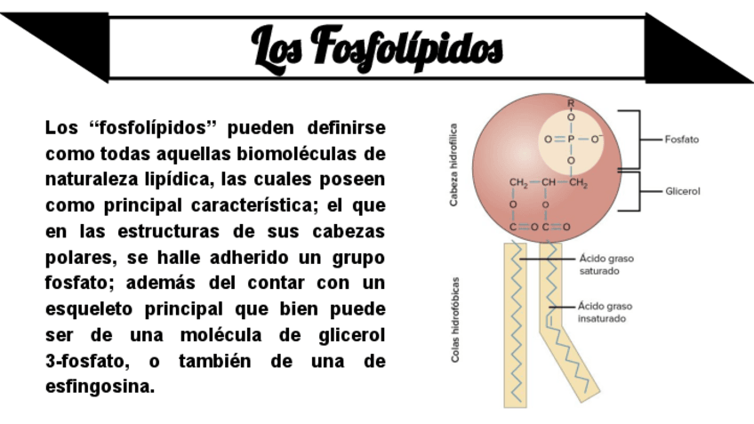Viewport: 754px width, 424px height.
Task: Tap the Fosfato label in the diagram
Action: [x=682, y=140]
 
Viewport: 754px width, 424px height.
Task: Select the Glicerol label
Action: [x=683, y=191]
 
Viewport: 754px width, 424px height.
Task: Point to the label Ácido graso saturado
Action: [x=606, y=264]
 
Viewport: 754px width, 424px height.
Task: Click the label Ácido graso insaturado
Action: [x=606, y=311]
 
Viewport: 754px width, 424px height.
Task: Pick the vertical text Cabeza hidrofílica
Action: [x=453, y=165]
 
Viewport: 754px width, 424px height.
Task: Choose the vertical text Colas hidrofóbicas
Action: [x=454, y=318]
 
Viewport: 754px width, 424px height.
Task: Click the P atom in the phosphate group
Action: [x=571, y=140]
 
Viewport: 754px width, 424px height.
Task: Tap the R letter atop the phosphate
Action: [x=571, y=103]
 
